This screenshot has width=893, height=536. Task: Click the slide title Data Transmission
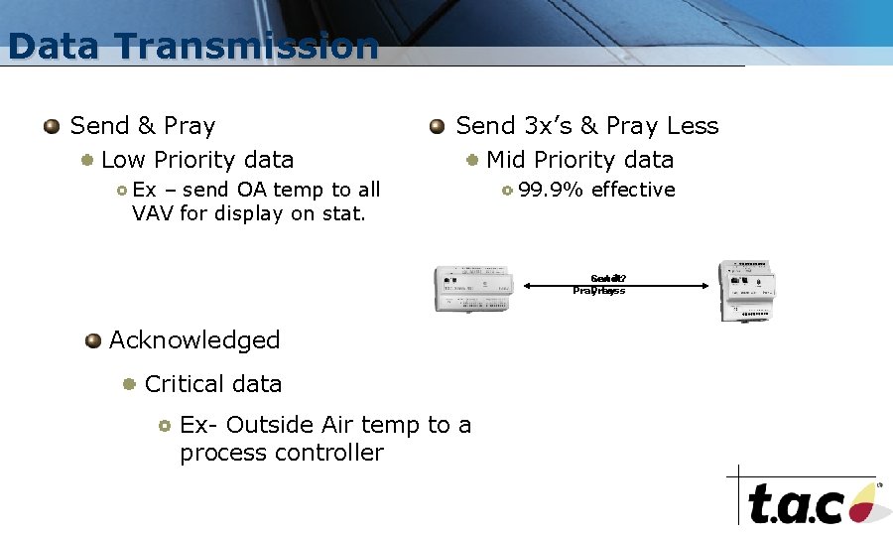192,47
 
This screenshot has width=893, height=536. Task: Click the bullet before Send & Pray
52,127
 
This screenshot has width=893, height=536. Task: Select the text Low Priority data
197,160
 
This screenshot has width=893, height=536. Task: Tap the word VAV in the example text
153,212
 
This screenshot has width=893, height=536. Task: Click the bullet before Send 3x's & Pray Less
438,127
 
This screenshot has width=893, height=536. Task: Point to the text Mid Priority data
579,160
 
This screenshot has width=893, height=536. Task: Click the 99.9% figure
552,190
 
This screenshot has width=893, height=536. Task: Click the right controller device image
747,290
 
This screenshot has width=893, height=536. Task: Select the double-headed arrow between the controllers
615,286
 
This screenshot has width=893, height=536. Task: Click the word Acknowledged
194,340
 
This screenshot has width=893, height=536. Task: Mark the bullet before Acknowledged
93,341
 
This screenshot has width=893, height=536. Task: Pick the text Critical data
213,384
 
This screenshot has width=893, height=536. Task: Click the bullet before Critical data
129,384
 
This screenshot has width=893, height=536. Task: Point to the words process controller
282,453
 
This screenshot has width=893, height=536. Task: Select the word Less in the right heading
693,126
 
